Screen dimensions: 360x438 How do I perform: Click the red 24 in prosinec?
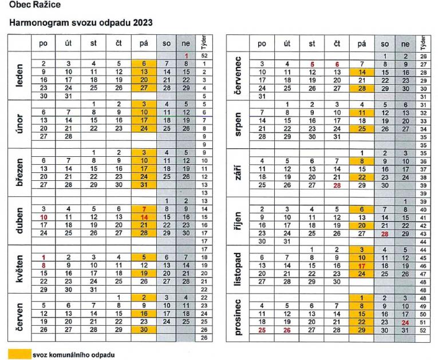coord(405,322)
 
